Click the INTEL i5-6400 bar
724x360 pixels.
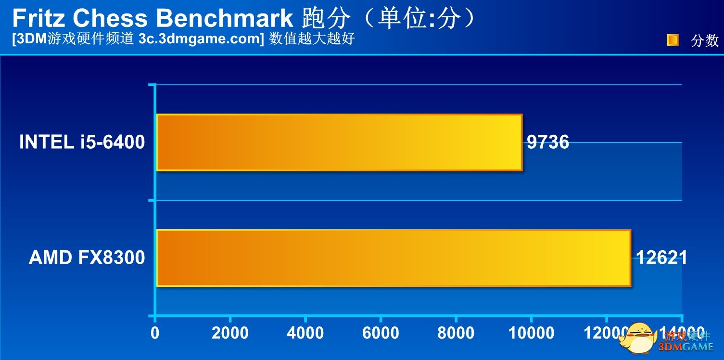click(339, 142)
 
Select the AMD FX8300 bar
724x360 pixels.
click(394, 258)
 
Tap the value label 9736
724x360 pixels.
click(548, 142)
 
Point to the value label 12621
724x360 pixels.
click(662, 258)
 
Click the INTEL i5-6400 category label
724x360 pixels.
click(82, 142)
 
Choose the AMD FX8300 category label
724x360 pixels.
click(87, 258)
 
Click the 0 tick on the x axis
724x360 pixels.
click(155, 333)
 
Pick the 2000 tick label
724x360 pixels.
click(230, 333)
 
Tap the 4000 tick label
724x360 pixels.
click(305, 333)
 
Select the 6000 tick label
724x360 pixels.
click(381, 333)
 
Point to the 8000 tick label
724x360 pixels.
click(456, 333)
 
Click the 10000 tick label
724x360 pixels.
click(531, 333)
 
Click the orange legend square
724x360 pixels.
click(673, 40)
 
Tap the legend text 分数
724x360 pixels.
click(705, 40)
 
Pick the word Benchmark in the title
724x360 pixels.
click(224, 18)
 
